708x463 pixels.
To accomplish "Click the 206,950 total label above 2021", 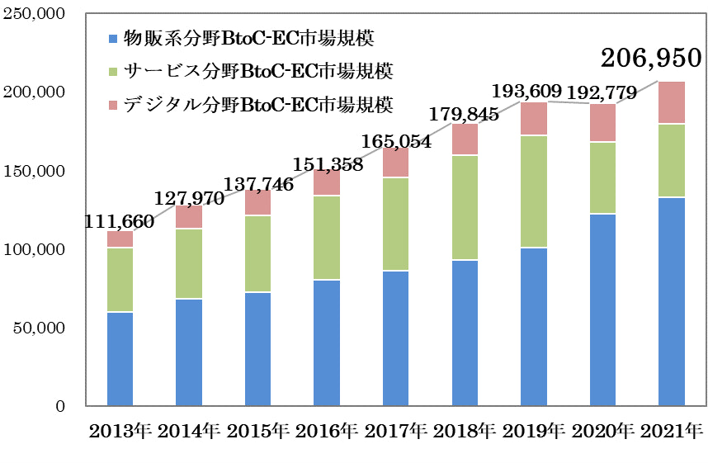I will coord(651,58).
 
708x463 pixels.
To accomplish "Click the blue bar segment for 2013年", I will coord(120,359).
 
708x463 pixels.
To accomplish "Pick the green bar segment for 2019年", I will coord(533,191).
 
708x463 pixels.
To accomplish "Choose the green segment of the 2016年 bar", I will coord(327,238).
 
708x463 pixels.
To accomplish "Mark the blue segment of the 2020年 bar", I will coord(602,309).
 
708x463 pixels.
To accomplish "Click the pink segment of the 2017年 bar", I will coord(395,163).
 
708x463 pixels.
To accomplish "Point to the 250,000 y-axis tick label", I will coord(37,15).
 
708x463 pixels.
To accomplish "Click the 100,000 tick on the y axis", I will coord(37,250).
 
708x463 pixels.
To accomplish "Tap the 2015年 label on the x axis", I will coord(257,431).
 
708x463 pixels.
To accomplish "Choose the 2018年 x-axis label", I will coord(465,431).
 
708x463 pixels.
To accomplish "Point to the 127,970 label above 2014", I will coord(189,199).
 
